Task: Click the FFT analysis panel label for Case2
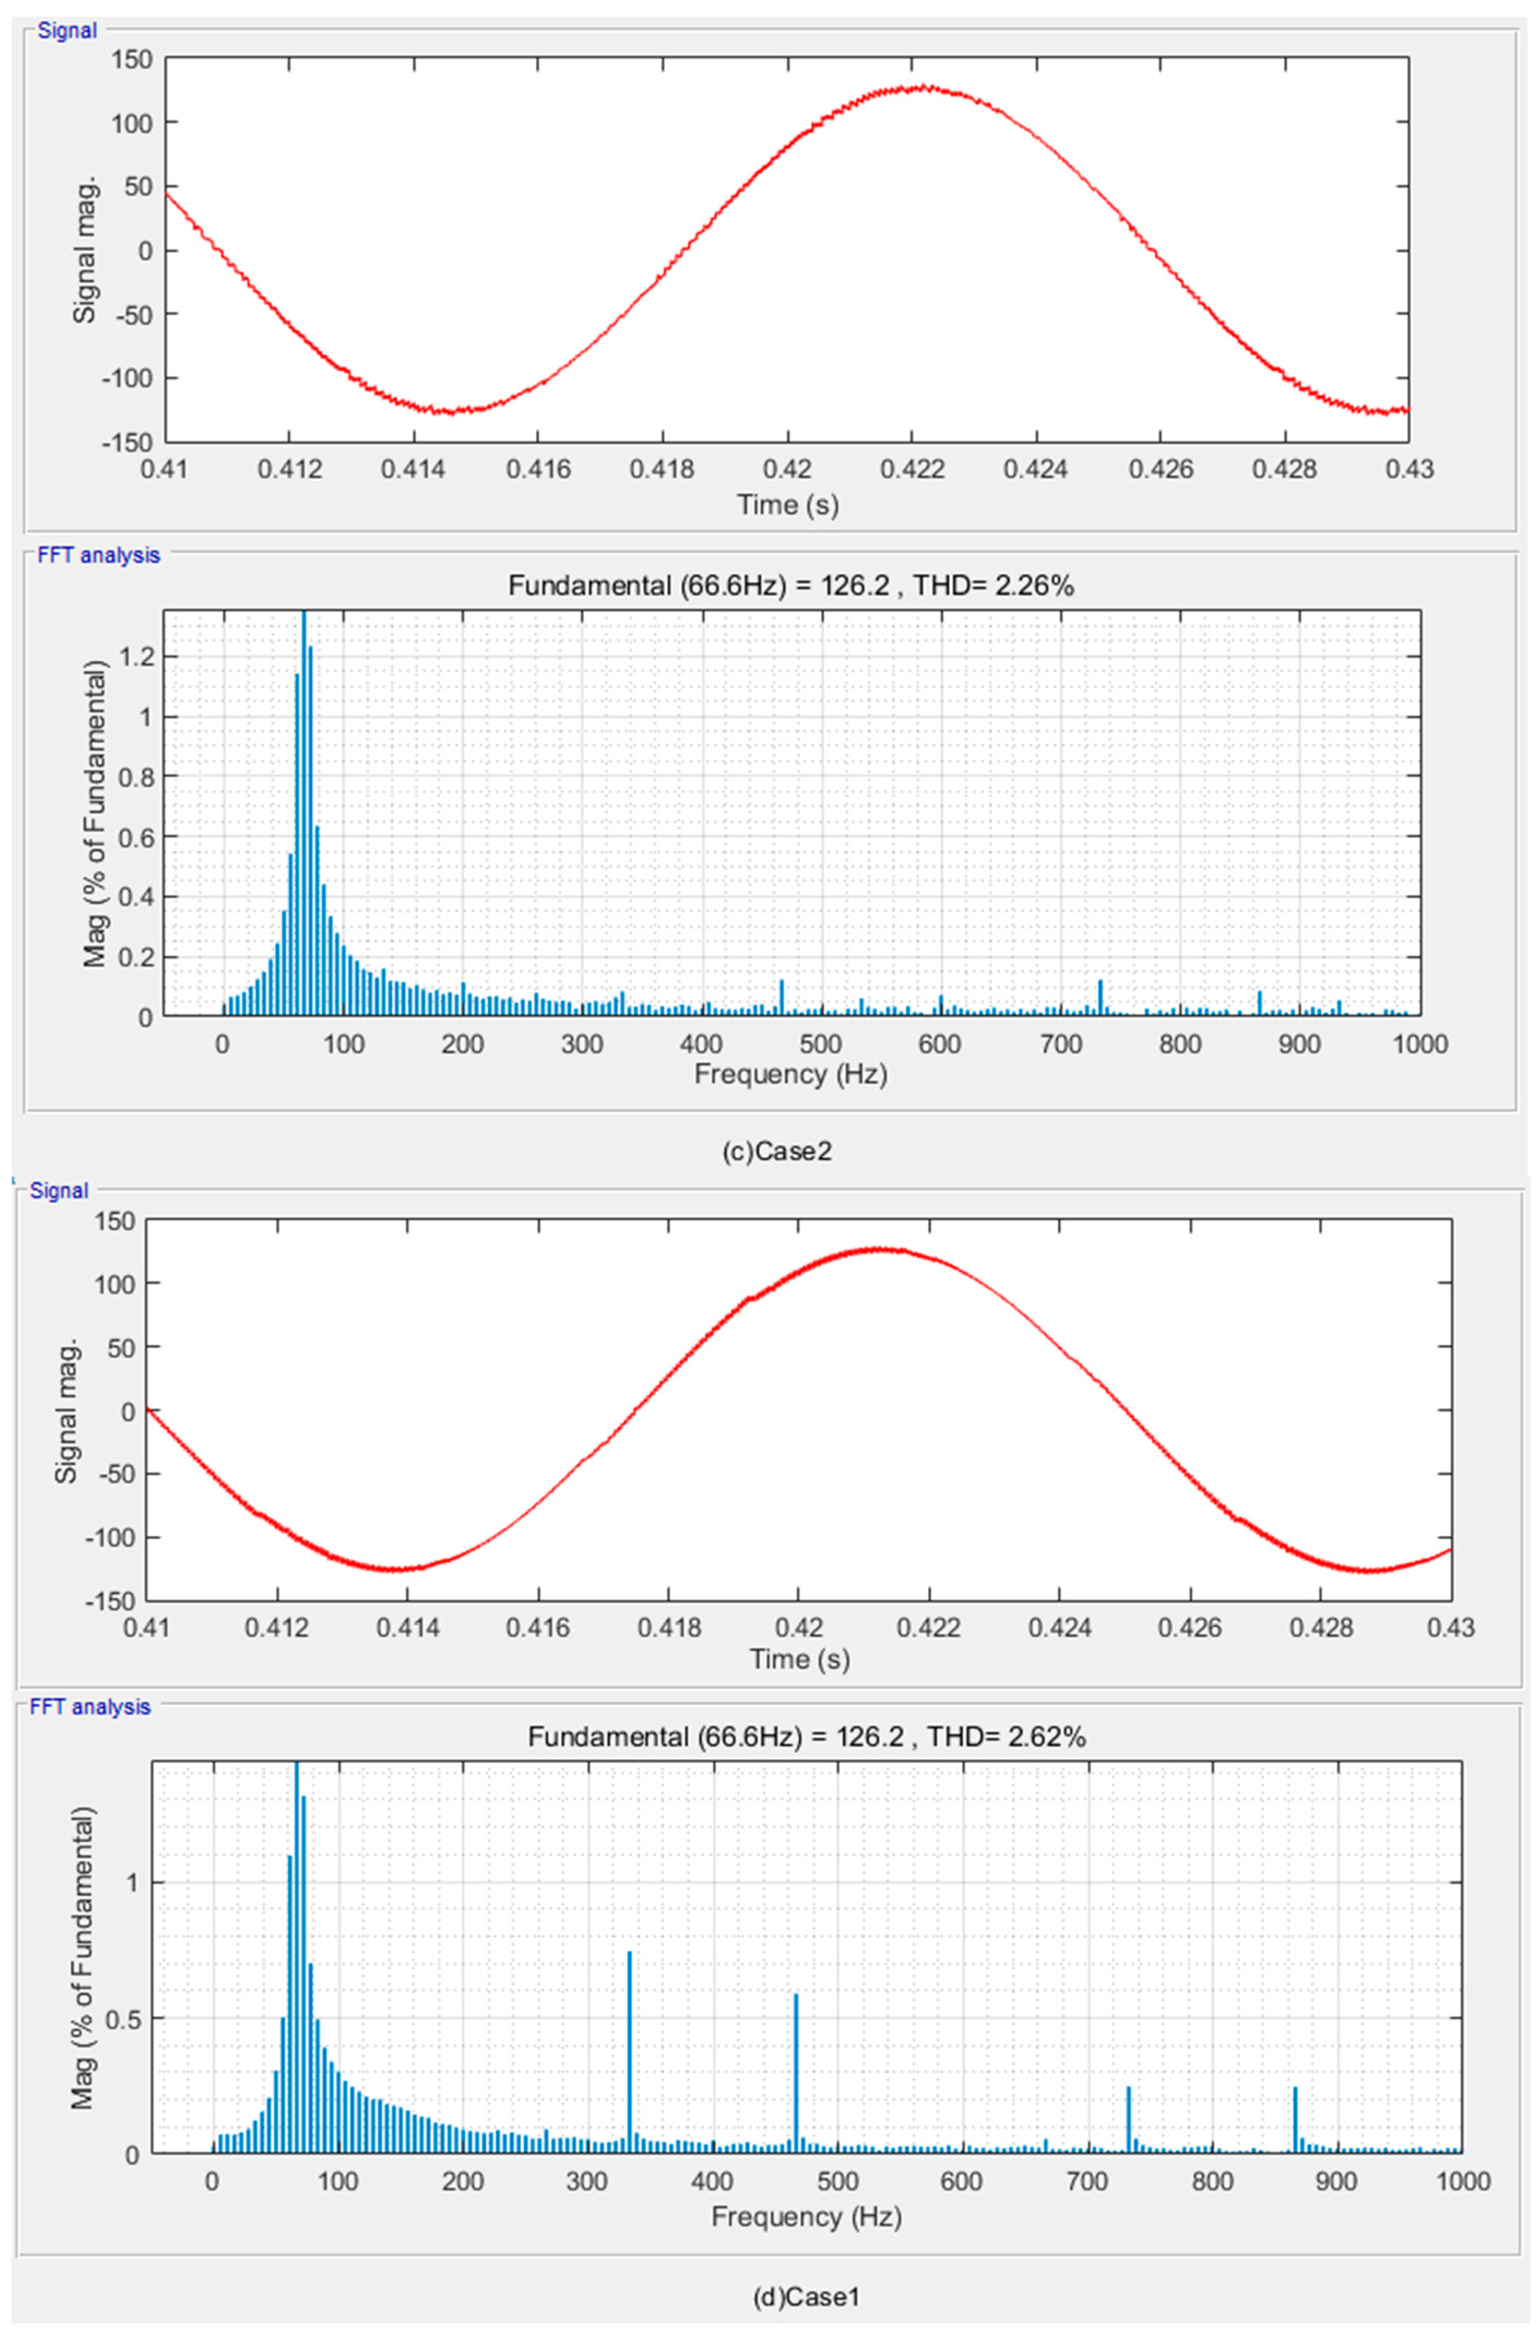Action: tap(98, 555)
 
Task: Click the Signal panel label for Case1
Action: tap(59, 1191)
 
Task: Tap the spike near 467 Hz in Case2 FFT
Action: tap(782, 996)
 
